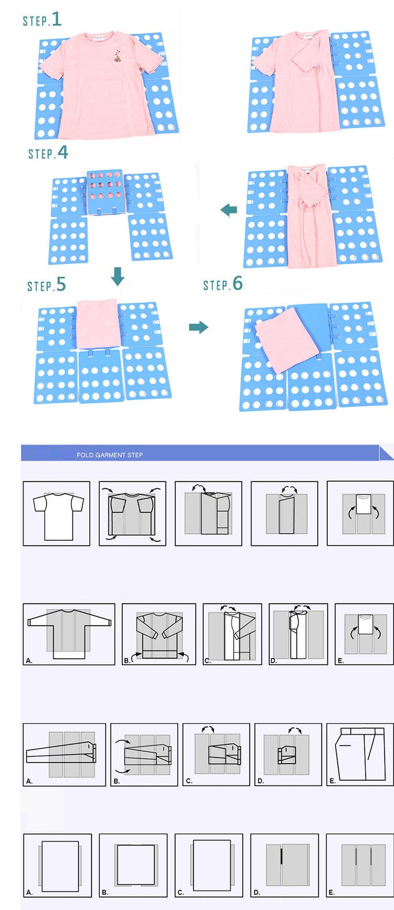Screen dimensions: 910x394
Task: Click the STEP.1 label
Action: (42, 20)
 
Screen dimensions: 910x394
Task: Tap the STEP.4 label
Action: (48, 153)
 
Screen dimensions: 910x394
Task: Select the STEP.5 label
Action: (47, 285)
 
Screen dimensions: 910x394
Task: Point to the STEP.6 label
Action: (223, 285)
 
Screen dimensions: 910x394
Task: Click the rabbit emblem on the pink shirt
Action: (117, 56)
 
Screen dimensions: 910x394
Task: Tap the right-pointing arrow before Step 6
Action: (199, 328)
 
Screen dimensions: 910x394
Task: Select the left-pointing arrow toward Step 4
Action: (229, 210)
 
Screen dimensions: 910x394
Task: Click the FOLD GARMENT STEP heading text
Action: (110, 455)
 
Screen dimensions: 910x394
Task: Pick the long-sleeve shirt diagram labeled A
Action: (69, 634)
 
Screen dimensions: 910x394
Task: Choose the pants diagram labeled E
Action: (359, 754)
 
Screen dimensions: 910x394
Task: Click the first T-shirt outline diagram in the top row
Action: (57, 514)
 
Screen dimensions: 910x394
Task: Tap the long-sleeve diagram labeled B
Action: (159, 634)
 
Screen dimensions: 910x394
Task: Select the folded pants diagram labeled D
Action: (288, 754)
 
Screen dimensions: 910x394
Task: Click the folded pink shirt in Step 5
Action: (99, 323)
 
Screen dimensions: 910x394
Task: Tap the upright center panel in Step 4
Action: (105, 192)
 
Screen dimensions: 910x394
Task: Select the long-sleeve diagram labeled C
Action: (232, 634)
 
